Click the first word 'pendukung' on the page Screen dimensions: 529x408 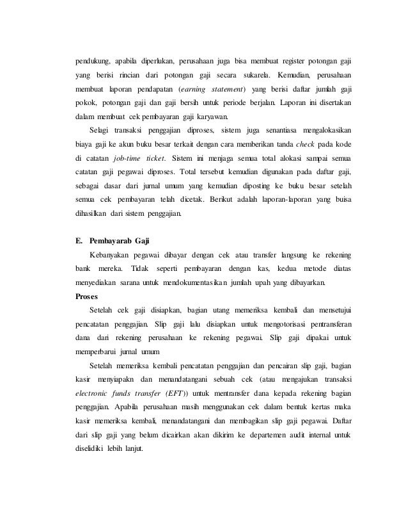[91, 62]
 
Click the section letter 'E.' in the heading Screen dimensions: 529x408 [79, 241]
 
